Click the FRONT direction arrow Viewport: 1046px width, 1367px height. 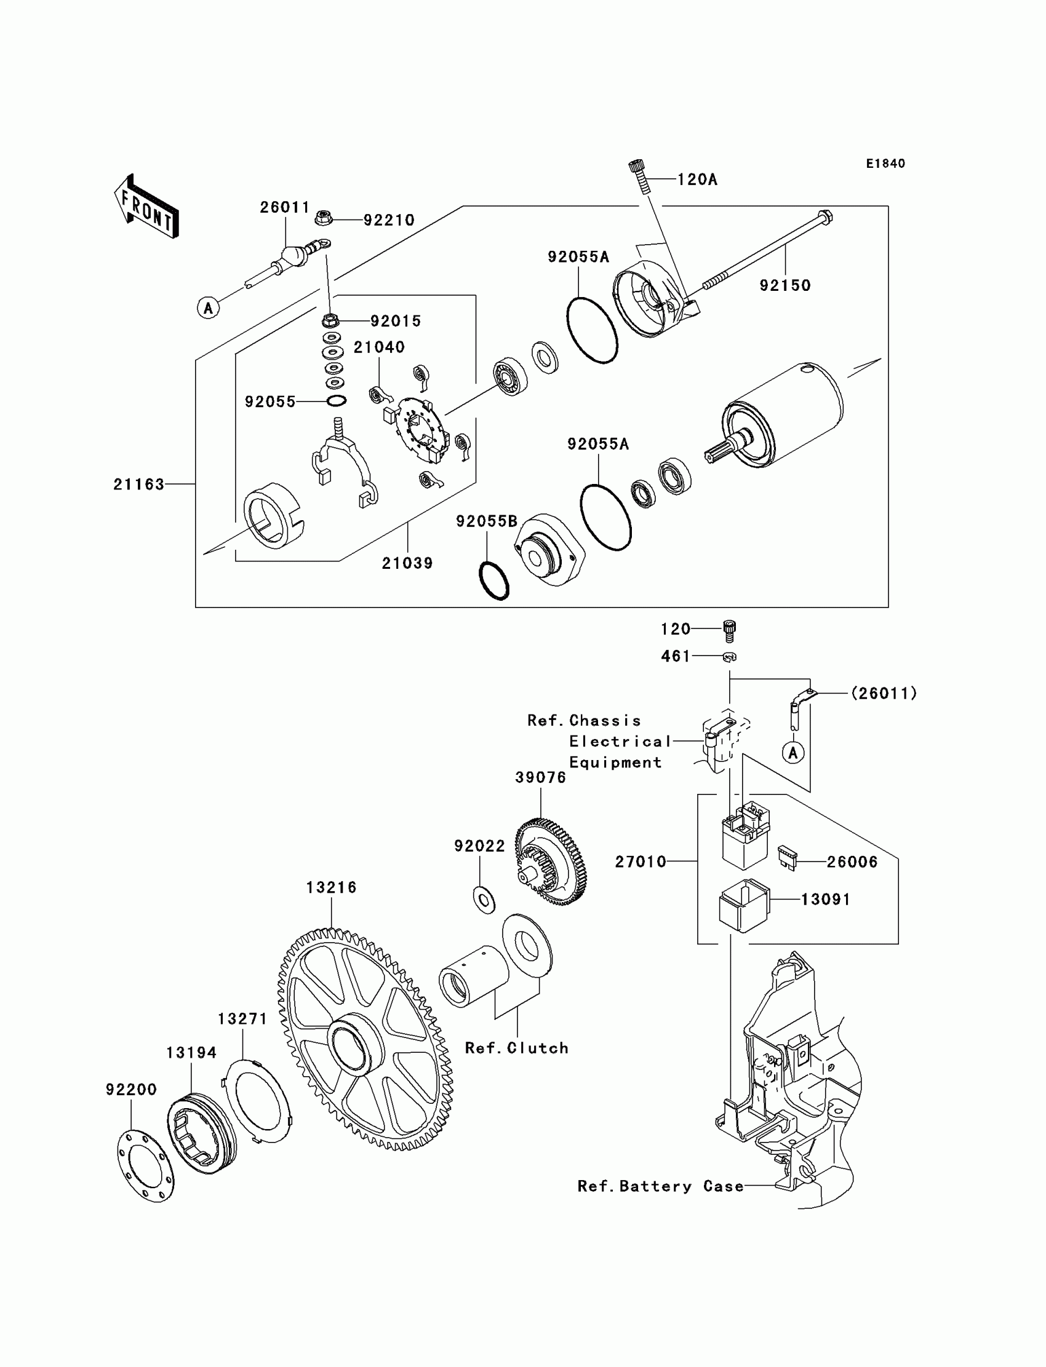coord(146,207)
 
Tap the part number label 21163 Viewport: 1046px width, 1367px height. coord(138,484)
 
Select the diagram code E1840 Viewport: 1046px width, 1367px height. coord(885,164)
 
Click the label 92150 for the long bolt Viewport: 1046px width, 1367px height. coord(784,285)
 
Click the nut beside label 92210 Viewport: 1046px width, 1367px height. coord(323,218)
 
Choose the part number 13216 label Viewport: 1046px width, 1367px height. coord(331,887)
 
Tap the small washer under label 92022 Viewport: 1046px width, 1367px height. coord(484,900)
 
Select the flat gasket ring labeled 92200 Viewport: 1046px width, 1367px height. coord(146,1165)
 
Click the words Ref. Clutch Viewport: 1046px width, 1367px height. coord(517,1048)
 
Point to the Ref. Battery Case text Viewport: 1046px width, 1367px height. coord(661,1187)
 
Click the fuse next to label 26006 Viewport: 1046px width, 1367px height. coord(788,858)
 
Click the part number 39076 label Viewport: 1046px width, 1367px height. coord(540,778)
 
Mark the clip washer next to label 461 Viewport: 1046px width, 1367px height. coord(730,656)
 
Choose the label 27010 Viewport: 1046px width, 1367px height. coord(641,862)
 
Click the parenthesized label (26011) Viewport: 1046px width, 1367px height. coord(884,693)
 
